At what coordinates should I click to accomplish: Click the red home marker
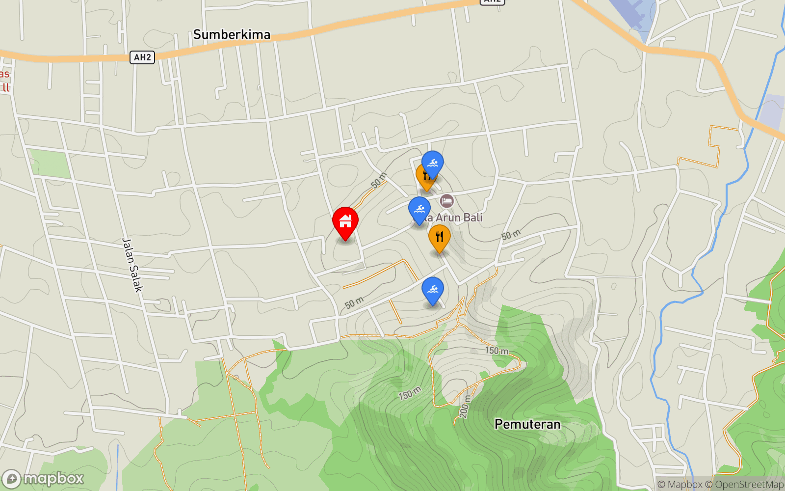[x=345, y=222]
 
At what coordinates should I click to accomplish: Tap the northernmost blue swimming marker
[x=432, y=164]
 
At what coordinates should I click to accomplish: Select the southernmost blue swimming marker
[x=432, y=290]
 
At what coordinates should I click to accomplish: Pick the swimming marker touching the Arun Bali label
[x=419, y=210]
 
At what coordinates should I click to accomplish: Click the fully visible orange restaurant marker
[x=439, y=238]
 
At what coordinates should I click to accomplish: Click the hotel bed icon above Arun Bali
[x=446, y=201]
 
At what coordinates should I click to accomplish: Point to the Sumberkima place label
[x=232, y=34]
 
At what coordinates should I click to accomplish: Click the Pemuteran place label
[x=527, y=424]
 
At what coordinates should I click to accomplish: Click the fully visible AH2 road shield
[x=142, y=57]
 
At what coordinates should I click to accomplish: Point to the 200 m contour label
[x=464, y=407]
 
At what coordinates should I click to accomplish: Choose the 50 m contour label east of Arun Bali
[x=511, y=235]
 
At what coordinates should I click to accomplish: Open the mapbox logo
[x=43, y=479]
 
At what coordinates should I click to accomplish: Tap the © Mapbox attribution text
[x=680, y=485]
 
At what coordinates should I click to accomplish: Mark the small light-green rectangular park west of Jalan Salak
[x=50, y=164]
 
